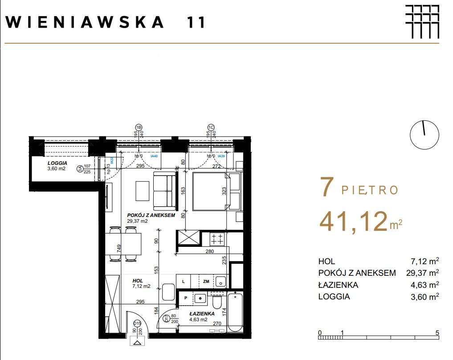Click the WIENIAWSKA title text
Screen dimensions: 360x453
click(x=86, y=22)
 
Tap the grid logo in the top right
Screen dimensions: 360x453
click(x=422, y=21)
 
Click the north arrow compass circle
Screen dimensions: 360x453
click(x=424, y=135)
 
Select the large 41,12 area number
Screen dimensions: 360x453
click(x=353, y=222)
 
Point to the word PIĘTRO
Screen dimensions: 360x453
click(x=370, y=190)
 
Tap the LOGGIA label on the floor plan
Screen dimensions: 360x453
click(x=57, y=163)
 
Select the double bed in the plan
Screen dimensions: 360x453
click(x=216, y=191)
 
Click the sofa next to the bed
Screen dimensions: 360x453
click(x=164, y=191)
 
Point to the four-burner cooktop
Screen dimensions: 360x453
click(x=217, y=239)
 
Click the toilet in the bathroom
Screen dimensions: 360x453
click(x=217, y=303)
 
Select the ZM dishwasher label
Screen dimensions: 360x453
click(x=206, y=281)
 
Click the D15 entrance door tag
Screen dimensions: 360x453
click(x=138, y=324)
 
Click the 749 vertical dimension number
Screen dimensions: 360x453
click(x=119, y=249)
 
